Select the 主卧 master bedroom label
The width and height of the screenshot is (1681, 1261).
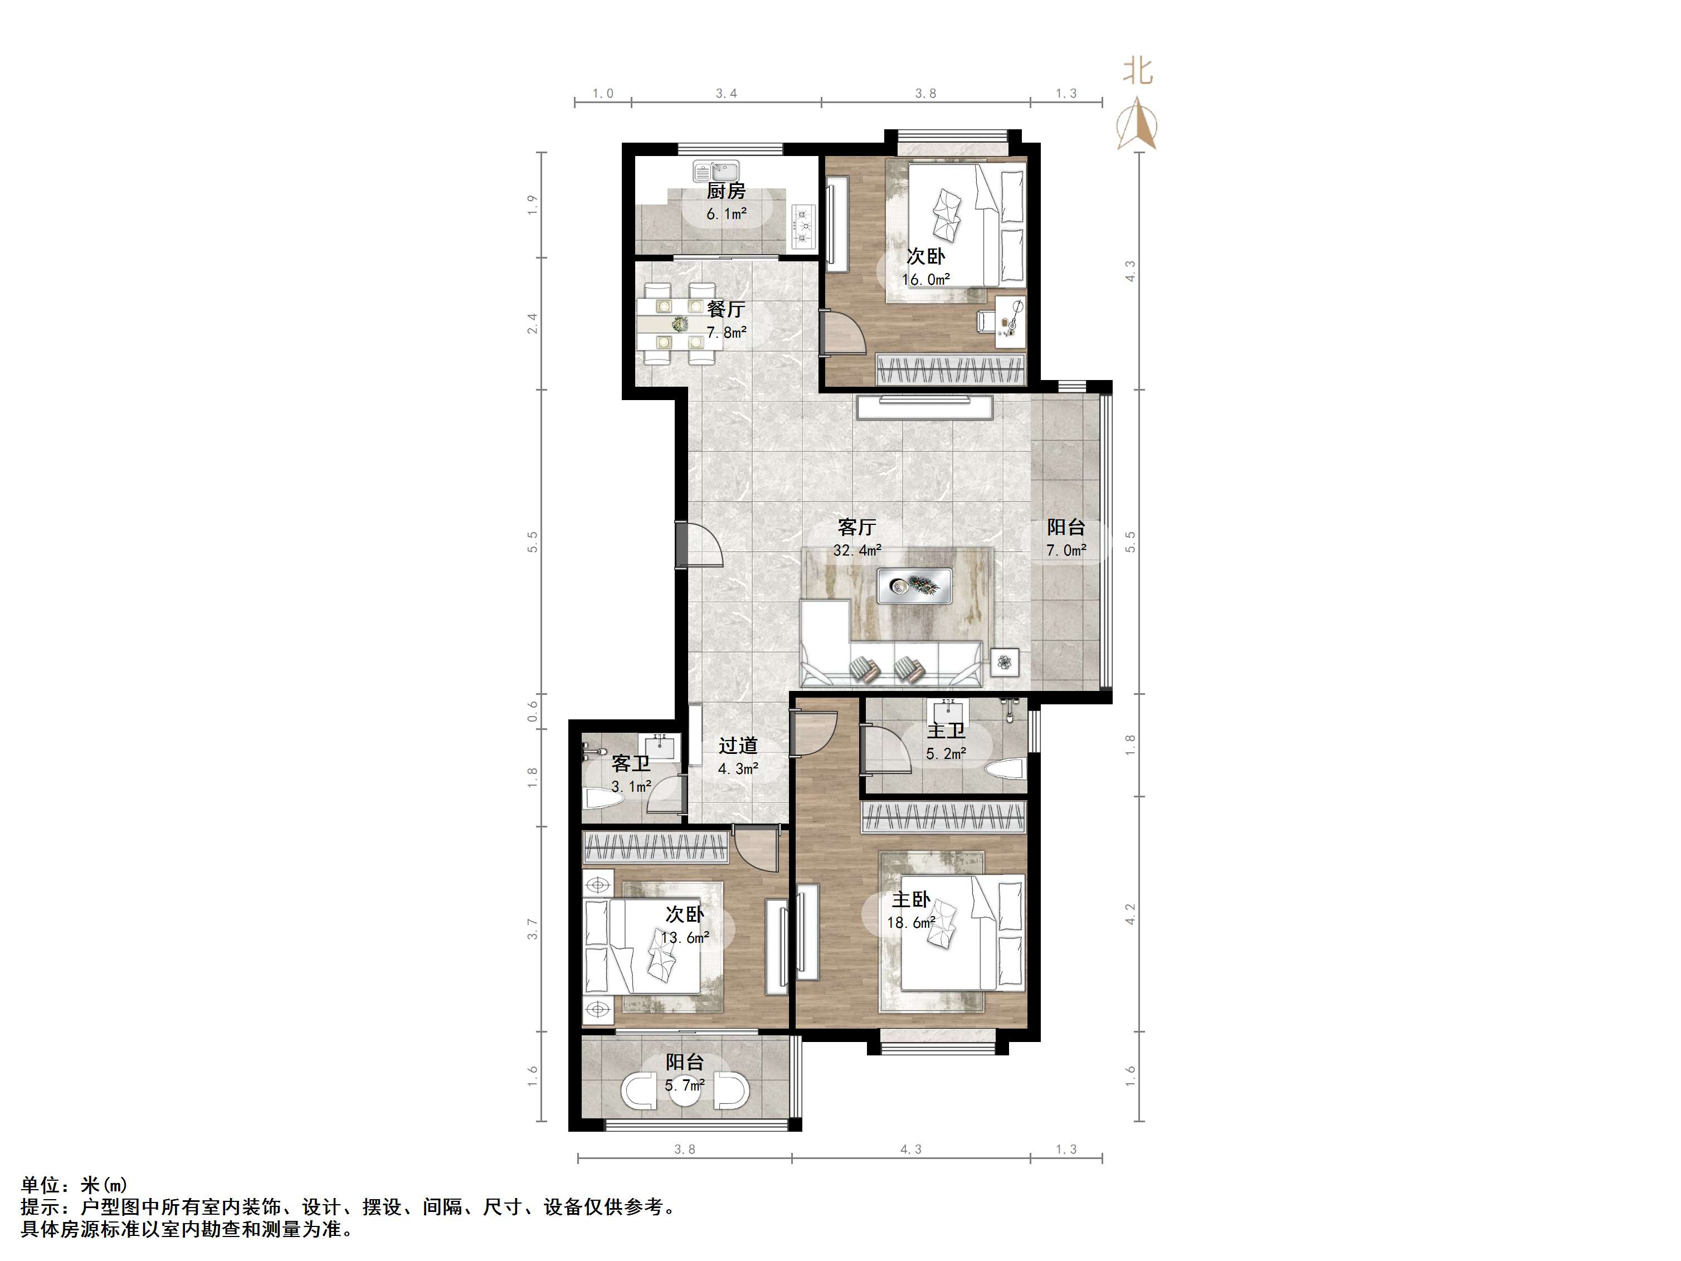click(911, 900)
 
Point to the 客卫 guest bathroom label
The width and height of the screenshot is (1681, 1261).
click(631, 763)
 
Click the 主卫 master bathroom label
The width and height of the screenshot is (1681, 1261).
click(946, 731)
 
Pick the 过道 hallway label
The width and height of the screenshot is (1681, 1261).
click(738, 746)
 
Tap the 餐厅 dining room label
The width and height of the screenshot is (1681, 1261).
click(726, 309)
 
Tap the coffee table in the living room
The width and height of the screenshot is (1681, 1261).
click(915, 585)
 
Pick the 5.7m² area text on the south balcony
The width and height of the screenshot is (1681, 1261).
click(685, 1085)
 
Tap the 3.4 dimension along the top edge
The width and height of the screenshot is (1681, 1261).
click(727, 94)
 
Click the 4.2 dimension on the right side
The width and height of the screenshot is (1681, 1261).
click(1130, 914)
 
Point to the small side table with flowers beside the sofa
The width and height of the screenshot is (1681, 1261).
click(1005, 662)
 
